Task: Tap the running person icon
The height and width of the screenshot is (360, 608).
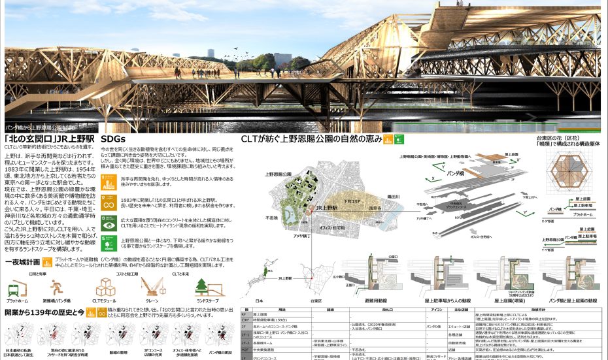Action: (x=56, y=287)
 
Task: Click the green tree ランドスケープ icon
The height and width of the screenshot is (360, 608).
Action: (x=201, y=287)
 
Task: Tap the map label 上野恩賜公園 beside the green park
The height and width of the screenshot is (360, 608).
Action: (x=279, y=175)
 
